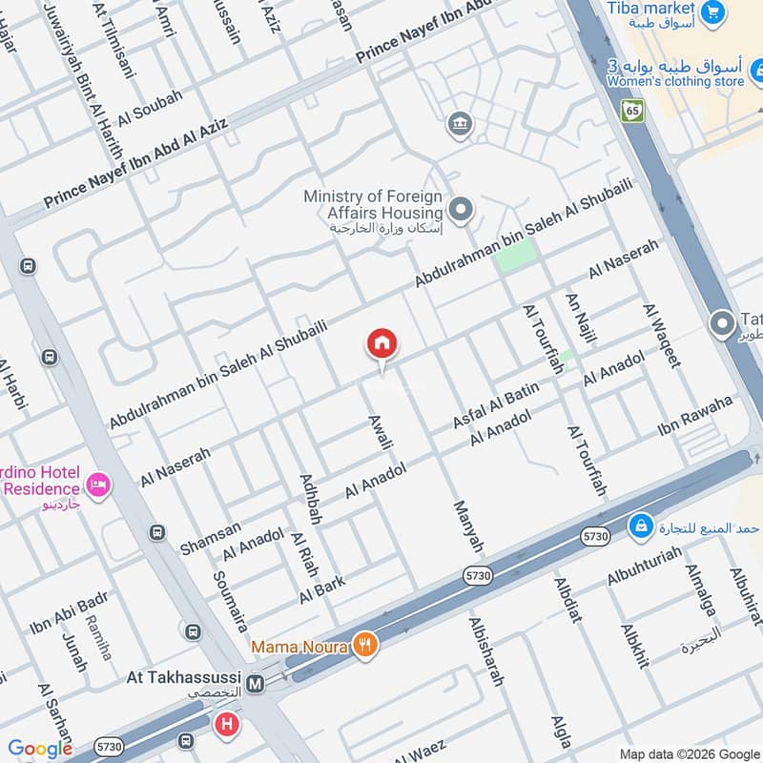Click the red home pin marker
[x=382, y=344]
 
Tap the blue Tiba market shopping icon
[x=711, y=12]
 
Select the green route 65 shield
[x=634, y=111]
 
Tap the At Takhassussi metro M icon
[x=255, y=683]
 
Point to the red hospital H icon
[x=227, y=725]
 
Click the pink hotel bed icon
[x=99, y=486]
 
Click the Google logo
[x=39, y=749]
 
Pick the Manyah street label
[x=468, y=526]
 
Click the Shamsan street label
[x=210, y=537]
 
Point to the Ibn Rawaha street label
[x=695, y=416]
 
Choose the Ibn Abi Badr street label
[x=68, y=615]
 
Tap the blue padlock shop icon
[x=641, y=526]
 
